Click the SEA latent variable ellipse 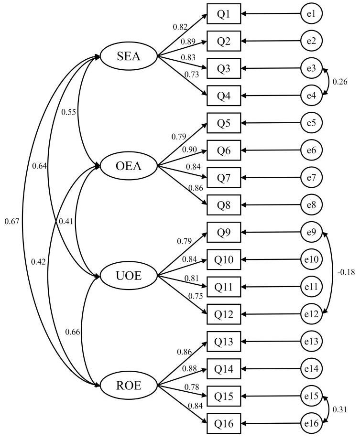click(x=129, y=57)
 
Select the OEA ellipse click(x=129, y=166)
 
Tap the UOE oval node click(x=129, y=276)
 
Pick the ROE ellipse click(x=129, y=385)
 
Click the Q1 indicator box click(x=224, y=14)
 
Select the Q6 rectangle click(x=224, y=151)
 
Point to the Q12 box click(x=224, y=314)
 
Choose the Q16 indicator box click(x=224, y=423)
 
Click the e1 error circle click(x=311, y=14)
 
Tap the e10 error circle click(x=311, y=260)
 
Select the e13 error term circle click(x=311, y=342)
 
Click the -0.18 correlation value click(x=346, y=272)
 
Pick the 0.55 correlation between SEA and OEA click(x=69, y=112)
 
